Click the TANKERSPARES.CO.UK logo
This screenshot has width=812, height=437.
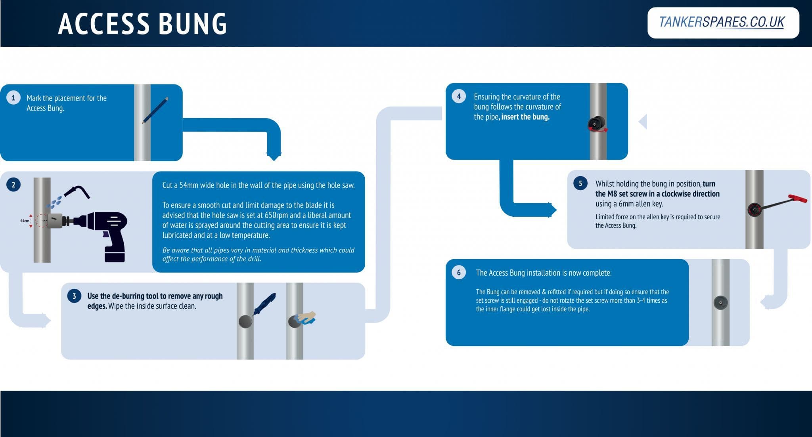pos(722,23)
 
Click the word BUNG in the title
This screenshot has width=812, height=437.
pos(193,24)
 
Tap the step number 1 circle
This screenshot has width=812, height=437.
pos(13,97)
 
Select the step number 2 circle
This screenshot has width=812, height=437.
pos(13,185)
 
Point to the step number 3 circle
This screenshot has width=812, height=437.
pos(74,296)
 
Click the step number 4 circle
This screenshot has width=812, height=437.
pos(459,96)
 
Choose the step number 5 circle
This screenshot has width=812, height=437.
pos(580,183)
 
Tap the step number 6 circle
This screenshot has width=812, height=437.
pos(459,273)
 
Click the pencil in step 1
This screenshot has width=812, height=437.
pos(155,110)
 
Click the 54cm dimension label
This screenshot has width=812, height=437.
pos(25,221)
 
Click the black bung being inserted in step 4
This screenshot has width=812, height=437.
pos(596,124)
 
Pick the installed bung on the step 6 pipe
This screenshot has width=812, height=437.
pos(720,303)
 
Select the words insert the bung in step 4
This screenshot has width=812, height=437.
pos(525,117)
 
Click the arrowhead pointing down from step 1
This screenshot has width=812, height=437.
pos(274,155)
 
